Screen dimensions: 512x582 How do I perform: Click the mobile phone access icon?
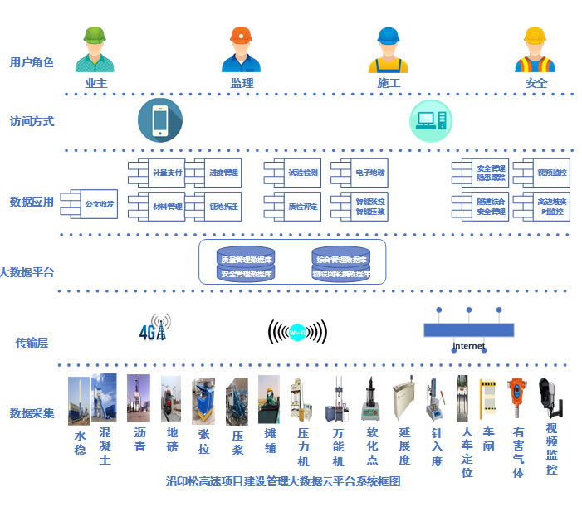click(159, 120)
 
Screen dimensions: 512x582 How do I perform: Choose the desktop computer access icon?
click(430, 121)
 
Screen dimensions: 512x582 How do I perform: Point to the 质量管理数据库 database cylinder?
click(246, 259)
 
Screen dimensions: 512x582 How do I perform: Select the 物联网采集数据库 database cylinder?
click(340, 273)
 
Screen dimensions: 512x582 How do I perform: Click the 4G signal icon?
click(154, 328)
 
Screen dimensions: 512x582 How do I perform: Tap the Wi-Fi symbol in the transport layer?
click(296, 332)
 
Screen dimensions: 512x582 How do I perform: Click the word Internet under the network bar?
click(468, 346)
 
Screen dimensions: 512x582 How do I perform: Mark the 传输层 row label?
click(32, 342)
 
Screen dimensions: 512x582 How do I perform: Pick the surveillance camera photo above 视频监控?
click(550, 398)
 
